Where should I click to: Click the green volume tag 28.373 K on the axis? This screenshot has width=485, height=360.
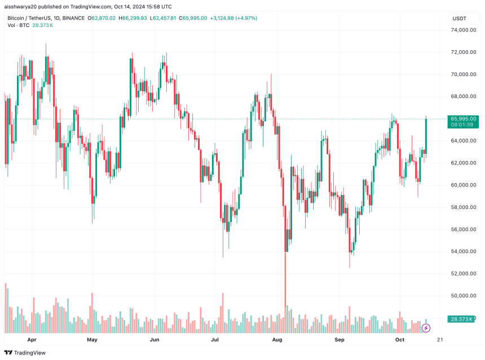pos(463,319)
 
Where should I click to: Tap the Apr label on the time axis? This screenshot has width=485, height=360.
pos(32,340)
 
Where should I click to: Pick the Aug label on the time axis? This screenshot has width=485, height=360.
pos(277,340)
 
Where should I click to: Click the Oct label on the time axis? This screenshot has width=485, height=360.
pos(400,340)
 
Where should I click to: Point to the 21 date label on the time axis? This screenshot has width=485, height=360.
pos(440,340)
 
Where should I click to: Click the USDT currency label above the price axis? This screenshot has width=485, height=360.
pos(460,19)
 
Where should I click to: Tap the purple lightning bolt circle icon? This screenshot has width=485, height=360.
pos(426,327)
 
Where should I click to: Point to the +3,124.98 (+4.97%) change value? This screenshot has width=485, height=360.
pos(233,19)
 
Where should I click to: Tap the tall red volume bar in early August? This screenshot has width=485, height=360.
pos(285,293)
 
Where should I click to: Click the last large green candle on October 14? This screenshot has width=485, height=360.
pos(426,135)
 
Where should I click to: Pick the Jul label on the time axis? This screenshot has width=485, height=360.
pos(215,340)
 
